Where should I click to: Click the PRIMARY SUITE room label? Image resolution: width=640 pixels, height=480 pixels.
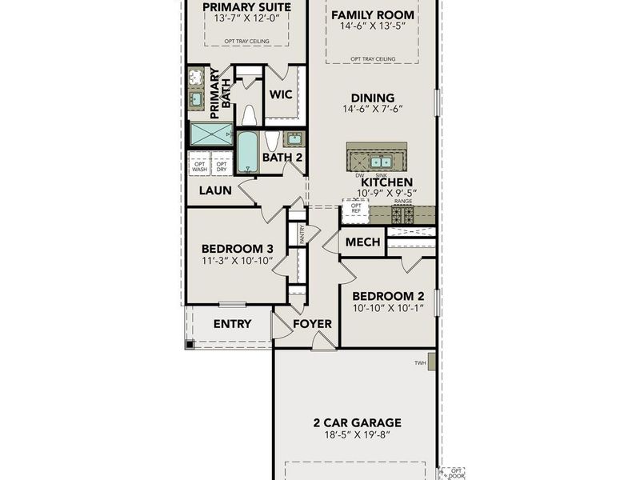click(x=246, y=8)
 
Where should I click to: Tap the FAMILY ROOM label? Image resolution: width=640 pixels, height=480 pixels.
click(x=373, y=15)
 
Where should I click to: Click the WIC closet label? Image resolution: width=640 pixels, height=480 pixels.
click(x=280, y=94)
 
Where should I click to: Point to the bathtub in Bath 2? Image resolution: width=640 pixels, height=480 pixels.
click(x=249, y=151)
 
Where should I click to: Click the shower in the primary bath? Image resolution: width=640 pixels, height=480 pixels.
click(x=211, y=134)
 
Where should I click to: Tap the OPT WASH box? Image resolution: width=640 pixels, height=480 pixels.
click(x=199, y=166)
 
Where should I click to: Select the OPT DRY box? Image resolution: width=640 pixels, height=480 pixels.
click(x=222, y=166)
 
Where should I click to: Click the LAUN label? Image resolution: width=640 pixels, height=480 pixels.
click(x=215, y=190)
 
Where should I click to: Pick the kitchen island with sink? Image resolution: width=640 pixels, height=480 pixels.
click(x=376, y=157)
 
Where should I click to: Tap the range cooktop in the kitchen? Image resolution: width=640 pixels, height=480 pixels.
click(x=402, y=214)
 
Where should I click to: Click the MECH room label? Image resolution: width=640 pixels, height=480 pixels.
click(x=361, y=242)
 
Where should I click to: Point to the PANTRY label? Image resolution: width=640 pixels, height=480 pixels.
click(x=302, y=234)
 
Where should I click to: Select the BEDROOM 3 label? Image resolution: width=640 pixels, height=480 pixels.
click(x=237, y=248)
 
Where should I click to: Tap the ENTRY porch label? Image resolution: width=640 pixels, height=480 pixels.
click(x=232, y=324)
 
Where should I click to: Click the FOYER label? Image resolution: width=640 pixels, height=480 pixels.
click(x=312, y=324)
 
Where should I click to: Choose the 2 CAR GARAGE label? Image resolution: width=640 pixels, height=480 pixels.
click(x=357, y=423)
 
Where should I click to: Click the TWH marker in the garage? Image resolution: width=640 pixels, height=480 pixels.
click(x=419, y=363)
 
